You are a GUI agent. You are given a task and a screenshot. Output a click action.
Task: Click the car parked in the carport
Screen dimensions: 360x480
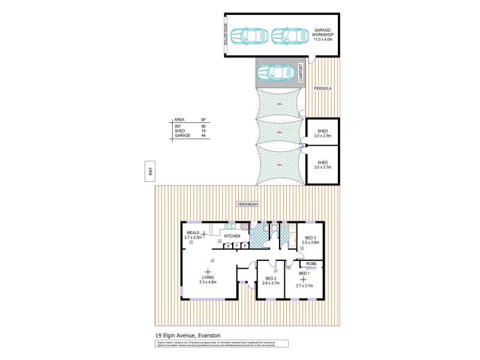(x=273, y=73)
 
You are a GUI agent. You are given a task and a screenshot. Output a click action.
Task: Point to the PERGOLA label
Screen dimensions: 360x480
(x=322, y=88)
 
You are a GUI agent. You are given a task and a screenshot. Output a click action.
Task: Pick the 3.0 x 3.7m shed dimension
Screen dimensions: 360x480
(x=323, y=167)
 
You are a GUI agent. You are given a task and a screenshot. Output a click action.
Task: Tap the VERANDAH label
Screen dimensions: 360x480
(x=247, y=205)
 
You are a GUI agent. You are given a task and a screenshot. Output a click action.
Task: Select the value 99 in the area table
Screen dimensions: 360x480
(x=204, y=126)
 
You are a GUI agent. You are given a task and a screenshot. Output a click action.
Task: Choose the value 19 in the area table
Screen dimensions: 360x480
(x=204, y=131)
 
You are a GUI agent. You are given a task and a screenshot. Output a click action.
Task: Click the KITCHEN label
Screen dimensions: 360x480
(x=232, y=236)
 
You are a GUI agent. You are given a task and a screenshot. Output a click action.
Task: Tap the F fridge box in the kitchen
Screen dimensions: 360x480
(x=237, y=245)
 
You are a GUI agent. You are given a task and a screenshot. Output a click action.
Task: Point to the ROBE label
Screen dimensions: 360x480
(x=311, y=263)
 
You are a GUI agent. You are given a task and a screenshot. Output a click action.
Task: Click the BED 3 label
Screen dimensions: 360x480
(x=310, y=238)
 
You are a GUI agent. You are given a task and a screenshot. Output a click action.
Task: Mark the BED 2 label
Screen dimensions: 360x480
(x=270, y=279)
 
